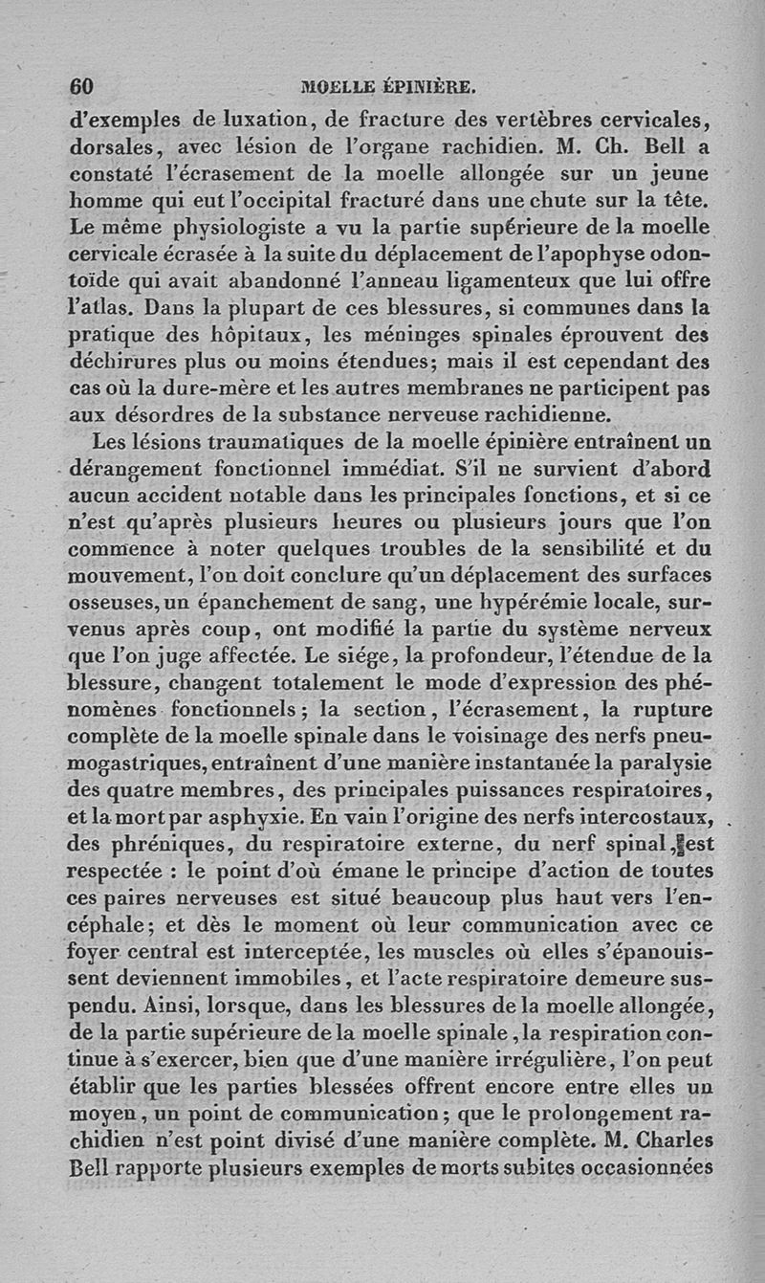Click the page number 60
[x=81, y=86]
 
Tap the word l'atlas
[x=102, y=310]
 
